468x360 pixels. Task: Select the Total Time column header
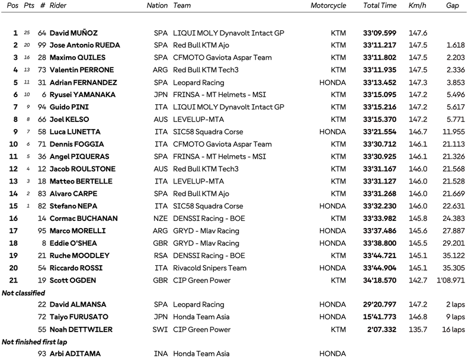379,5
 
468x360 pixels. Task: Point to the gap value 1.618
448,46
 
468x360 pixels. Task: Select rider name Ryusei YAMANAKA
82,95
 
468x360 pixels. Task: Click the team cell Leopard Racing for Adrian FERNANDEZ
198,82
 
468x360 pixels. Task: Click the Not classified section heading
23,292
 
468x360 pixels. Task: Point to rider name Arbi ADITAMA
75,354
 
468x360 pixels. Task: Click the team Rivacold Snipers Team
210,268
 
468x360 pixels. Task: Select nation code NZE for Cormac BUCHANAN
161,218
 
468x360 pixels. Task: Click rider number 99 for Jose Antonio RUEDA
41,46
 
